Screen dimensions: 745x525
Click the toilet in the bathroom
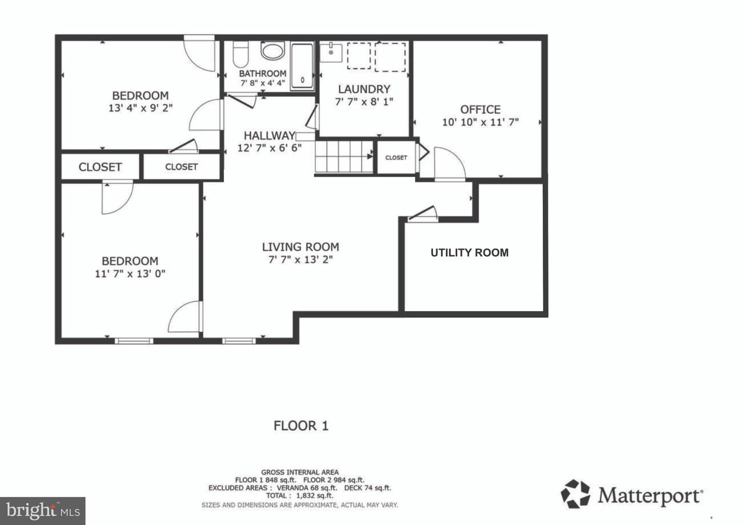click(240, 54)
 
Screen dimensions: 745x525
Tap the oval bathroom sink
click(273, 51)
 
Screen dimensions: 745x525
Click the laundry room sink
click(331, 52)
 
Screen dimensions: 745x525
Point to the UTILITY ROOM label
click(469, 253)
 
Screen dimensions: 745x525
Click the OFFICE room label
click(480, 110)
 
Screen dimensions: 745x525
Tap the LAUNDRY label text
click(364, 89)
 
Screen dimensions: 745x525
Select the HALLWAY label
click(270, 135)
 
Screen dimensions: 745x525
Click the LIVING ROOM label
click(301, 247)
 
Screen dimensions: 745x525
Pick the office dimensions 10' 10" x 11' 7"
click(480, 122)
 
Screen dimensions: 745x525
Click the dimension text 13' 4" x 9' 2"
click(141, 108)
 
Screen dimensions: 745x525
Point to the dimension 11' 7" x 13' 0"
click(130, 274)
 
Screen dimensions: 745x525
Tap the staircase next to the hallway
click(344, 157)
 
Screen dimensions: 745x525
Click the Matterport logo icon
click(575, 494)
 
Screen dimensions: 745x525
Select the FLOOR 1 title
click(301, 426)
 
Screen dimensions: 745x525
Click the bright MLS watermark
click(42, 511)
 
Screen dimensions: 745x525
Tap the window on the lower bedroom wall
click(134, 341)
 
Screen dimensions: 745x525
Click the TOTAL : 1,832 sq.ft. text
click(300, 496)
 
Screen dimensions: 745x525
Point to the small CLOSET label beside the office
click(396, 158)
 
